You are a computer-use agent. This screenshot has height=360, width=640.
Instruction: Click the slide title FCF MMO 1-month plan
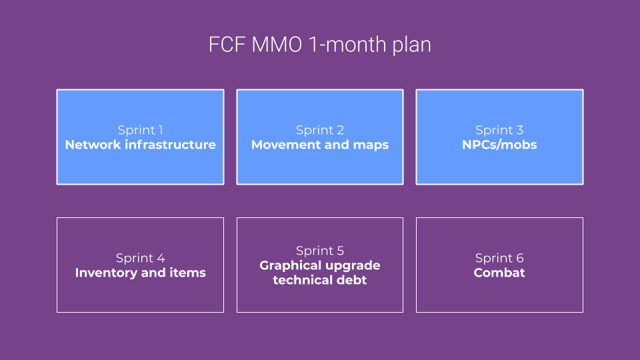[320, 45]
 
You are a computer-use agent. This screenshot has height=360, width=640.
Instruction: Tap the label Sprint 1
[140, 130]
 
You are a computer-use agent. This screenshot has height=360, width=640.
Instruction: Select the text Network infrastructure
[140, 145]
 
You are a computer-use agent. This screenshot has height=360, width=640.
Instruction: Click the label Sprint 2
[320, 130]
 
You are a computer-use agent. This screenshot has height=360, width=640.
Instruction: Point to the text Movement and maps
[320, 145]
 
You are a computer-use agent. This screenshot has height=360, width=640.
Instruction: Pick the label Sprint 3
[499, 130]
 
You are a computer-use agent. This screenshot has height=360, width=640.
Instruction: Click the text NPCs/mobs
[499, 145]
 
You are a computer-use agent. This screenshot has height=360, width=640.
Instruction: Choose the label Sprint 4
[140, 258]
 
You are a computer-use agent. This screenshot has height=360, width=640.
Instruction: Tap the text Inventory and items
[140, 273]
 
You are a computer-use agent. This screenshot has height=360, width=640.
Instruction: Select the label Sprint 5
[320, 251]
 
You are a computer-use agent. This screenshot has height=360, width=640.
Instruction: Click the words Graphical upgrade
[320, 265]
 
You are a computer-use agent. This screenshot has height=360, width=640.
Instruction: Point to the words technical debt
[320, 280]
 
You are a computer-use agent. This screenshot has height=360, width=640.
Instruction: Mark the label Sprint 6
[499, 258]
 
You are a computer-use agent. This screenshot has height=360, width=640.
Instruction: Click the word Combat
[499, 273]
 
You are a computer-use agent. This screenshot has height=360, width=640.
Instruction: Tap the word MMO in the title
[276, 45]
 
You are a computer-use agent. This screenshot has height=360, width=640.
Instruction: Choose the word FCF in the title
[225, 45]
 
